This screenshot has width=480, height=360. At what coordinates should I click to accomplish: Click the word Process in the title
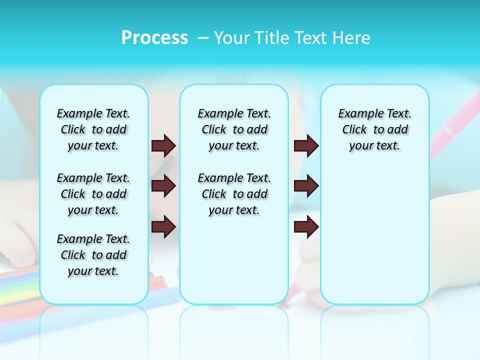[154, 38]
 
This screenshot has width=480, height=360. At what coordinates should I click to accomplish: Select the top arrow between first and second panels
[163, 145]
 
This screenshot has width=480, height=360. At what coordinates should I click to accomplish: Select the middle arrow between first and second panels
[163, 186]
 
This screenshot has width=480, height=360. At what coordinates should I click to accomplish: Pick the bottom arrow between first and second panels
[163, 226]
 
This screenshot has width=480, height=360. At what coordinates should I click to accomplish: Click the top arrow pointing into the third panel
[306, 145]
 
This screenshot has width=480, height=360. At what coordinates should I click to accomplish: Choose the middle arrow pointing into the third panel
[306, 186]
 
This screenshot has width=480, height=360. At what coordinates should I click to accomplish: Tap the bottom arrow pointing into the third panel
[306, 226]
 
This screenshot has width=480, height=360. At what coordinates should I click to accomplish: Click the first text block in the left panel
[93, 129]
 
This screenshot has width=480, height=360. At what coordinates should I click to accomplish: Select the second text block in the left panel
[93, 194]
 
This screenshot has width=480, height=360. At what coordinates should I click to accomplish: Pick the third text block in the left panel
[93, 255]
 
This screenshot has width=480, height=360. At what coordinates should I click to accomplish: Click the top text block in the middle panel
[234, 129]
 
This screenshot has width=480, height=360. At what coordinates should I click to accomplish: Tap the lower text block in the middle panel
[234, 194]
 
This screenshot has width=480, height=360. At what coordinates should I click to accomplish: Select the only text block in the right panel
[374, 129]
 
